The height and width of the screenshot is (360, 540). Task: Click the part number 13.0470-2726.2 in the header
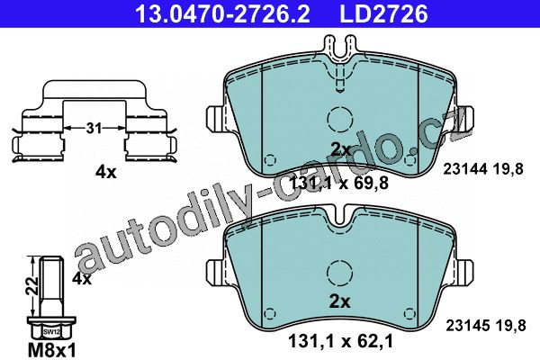[222, 13]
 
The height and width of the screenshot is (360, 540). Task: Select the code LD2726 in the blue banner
[383, 13]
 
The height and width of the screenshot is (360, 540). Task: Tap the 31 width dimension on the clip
[94, 129]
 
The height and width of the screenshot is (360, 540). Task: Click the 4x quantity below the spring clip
[106, 172]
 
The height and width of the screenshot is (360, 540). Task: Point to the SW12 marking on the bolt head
[51, 332]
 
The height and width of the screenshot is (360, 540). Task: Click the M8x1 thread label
[51, 351]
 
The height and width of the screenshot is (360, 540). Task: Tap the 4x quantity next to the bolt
[82, 278]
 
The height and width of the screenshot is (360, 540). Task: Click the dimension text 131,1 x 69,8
[339, 183]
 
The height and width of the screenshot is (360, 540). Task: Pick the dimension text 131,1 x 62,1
[340, 341]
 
